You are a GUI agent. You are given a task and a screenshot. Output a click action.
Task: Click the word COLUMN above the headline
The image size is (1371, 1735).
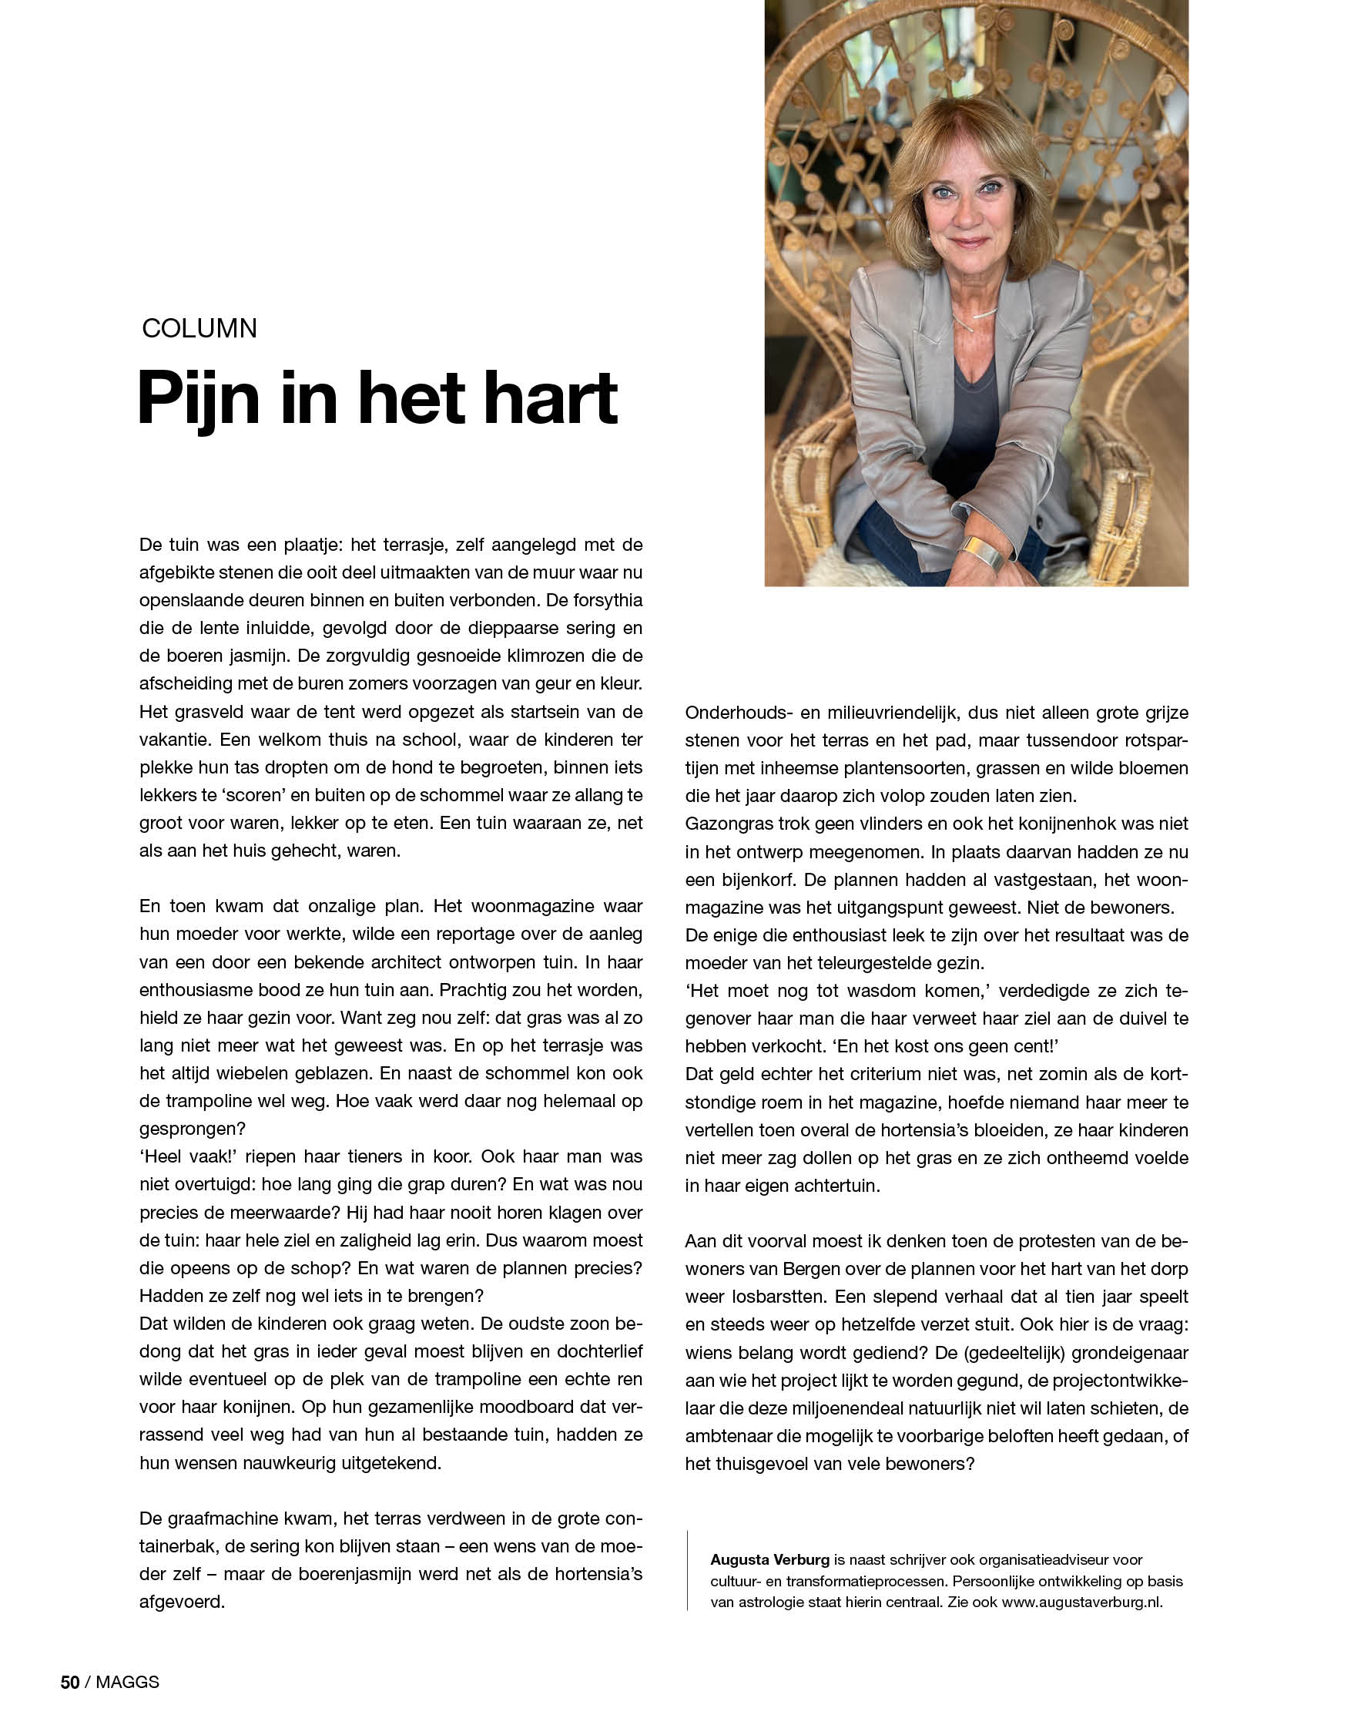199,328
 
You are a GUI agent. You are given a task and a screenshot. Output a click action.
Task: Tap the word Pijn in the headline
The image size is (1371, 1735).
198,399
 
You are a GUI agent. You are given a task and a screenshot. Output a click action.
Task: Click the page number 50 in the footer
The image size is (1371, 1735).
70,1682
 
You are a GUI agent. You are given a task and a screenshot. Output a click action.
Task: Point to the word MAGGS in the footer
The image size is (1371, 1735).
128,1682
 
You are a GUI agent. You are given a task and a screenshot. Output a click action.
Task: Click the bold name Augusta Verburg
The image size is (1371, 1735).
769,1559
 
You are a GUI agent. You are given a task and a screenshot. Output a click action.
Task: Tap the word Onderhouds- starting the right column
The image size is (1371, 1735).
739,712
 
